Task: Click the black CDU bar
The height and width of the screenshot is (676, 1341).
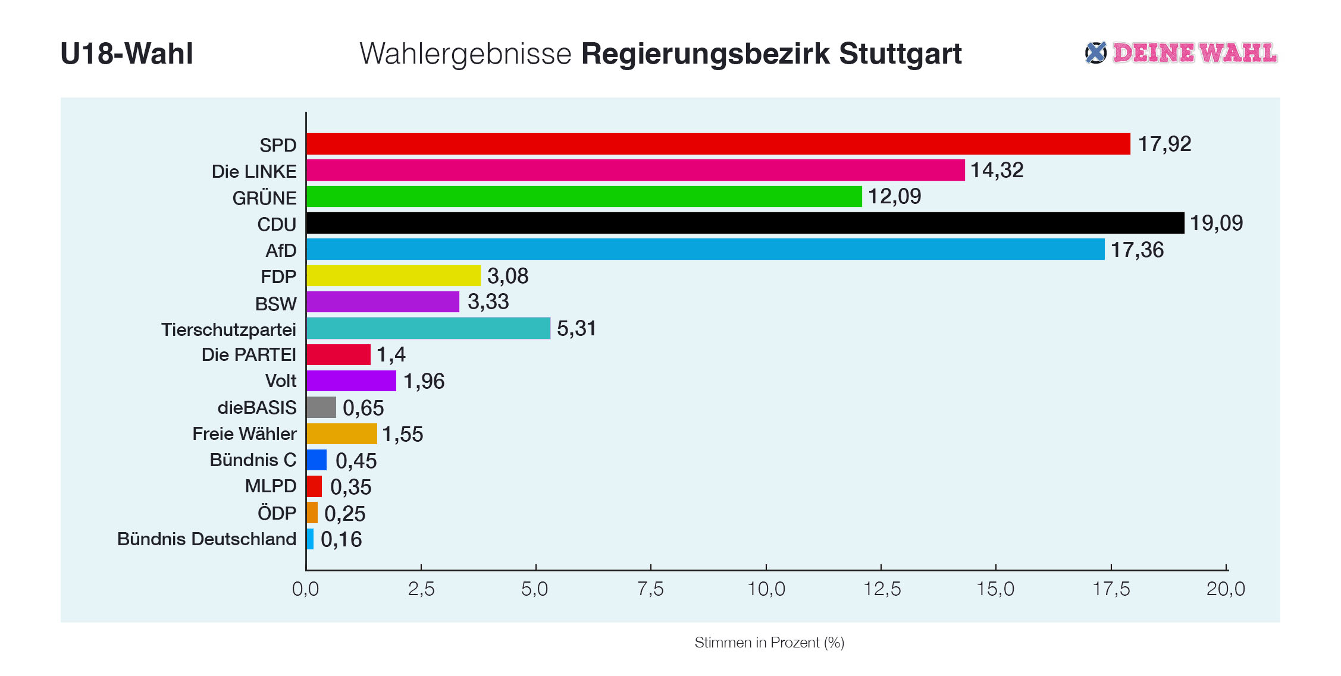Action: (745, 223)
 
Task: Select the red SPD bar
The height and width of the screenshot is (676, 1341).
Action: (718, 144)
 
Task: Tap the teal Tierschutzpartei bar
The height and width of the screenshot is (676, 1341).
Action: (428, 328)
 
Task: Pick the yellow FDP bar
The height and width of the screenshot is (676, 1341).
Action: (393, 276)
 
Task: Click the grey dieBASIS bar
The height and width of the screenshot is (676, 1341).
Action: (321, 407)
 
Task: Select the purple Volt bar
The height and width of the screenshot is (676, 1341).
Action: (351, 381)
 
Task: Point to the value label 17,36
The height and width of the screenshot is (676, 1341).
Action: (1137, 250)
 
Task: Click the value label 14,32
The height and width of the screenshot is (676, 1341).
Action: (997, 171)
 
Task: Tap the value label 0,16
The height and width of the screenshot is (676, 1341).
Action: (341, 539)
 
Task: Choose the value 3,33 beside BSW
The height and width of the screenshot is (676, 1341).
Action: (488, 302)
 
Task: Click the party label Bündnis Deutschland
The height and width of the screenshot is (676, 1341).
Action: (206, 539)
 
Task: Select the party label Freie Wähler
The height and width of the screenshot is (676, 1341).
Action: (244, 434)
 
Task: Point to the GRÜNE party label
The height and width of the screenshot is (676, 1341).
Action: (264, 198)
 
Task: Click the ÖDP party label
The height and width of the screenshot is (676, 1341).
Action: (277, 512)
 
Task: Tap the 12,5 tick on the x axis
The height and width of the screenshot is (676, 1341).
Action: (881, 589)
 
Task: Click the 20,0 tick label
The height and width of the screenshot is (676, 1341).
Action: (1226, 589)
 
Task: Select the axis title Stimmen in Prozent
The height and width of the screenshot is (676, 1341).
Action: (769, 642)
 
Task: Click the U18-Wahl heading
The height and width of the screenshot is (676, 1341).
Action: (127, 54)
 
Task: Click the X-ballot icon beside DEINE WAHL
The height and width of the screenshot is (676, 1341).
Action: (1095, 52)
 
